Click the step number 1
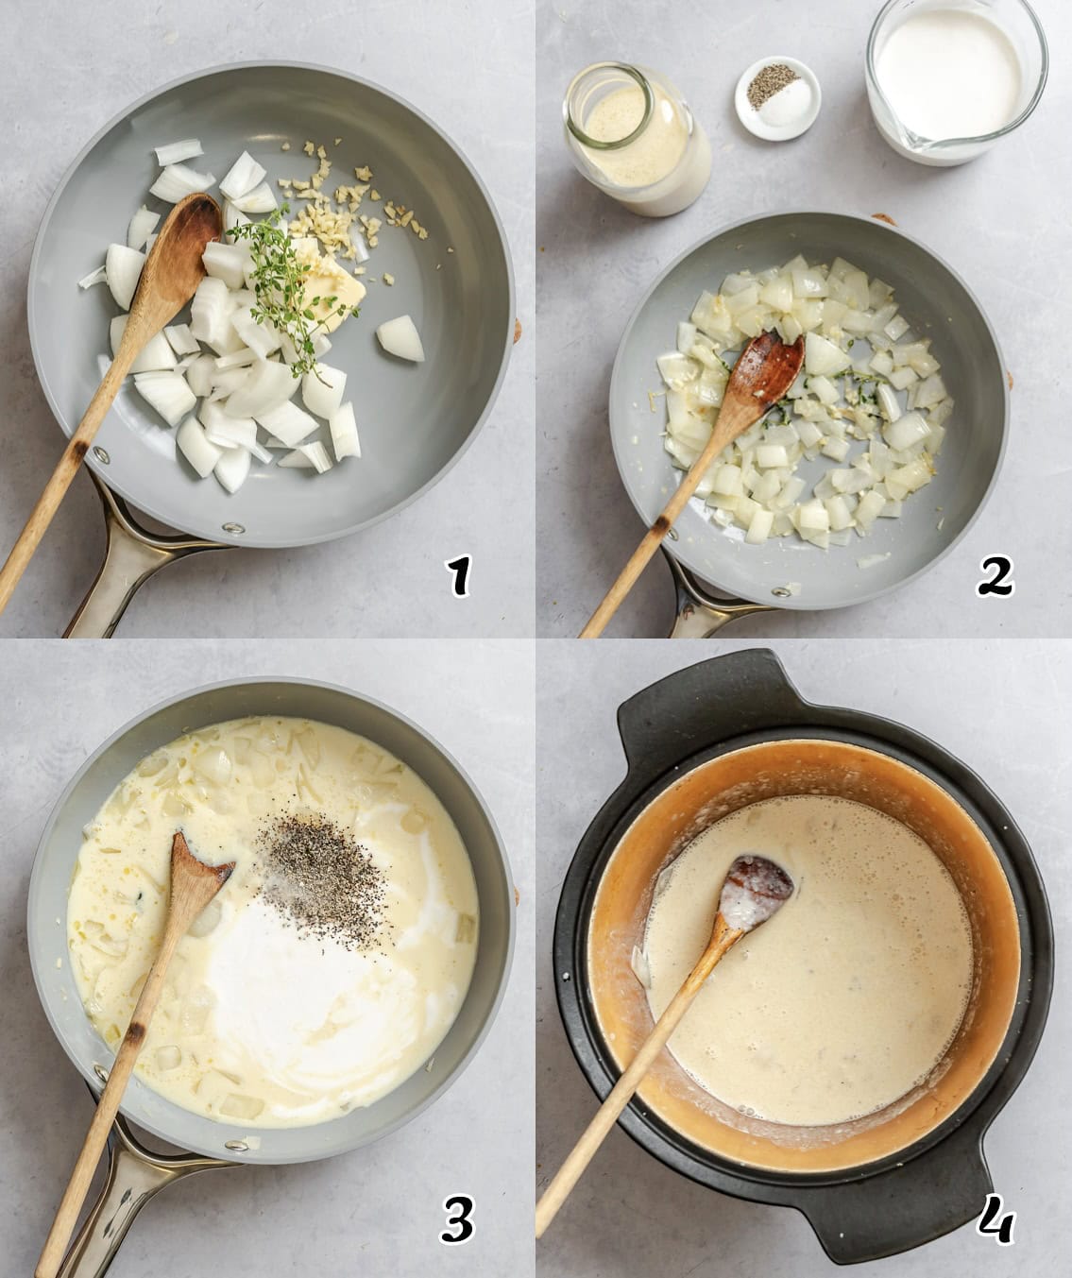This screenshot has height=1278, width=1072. (459, 576)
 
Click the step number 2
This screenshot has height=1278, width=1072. (995, 575)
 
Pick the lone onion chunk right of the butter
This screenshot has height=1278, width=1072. (400, 338)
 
